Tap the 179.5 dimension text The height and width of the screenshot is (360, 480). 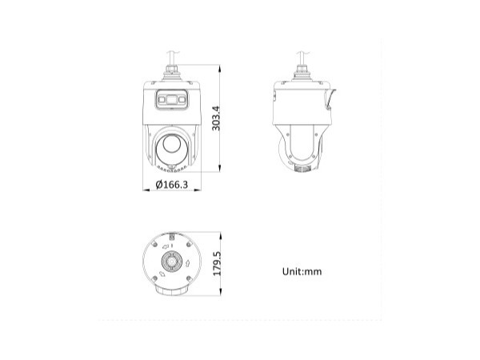tap(216, 264)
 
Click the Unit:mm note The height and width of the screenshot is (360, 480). tap(302, 271)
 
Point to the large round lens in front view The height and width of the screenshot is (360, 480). tap(171, 146)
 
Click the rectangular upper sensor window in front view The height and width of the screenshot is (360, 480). tap(172, 99)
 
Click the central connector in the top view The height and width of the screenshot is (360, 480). tap(171, 262)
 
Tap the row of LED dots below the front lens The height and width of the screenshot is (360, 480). tap(171, 168)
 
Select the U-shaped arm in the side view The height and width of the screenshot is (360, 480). tap(302, 144)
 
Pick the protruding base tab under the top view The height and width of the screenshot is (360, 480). tap(171, 290)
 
